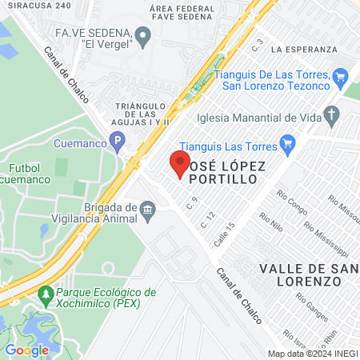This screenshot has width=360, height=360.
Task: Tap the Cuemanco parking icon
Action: (118, 144)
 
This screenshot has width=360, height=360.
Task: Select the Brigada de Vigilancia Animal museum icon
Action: (148, 212)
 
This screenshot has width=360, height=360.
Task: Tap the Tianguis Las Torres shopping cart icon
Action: (290, 146)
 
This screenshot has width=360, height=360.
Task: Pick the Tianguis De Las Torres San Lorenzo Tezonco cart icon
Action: (340, 77)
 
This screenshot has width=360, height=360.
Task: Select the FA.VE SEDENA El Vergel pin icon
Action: (143, 35)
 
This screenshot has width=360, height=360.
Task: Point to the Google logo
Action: (26, 350)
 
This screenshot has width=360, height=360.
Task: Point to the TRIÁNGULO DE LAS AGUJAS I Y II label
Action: (141, 114)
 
